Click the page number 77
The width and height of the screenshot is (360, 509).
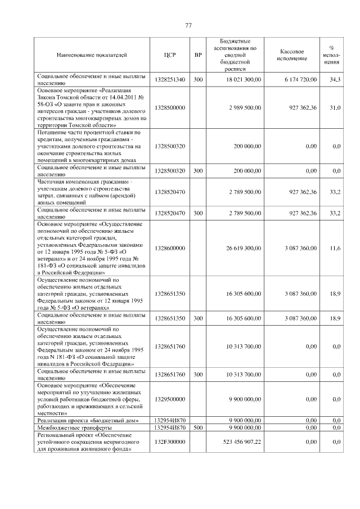[x=188, y=25]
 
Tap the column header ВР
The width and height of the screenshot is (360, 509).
[x=197, y=55]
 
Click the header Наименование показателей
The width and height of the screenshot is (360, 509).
[x=92, y=55]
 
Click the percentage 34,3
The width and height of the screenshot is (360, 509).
[x=335, y=80]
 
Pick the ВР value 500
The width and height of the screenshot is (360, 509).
[x=197, y=428]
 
